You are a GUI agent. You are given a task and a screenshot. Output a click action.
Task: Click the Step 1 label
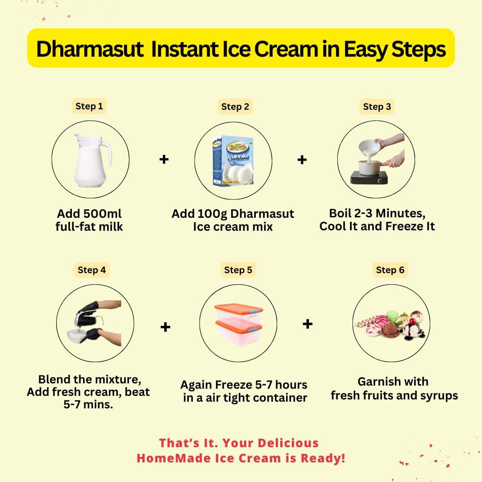coord(89,106)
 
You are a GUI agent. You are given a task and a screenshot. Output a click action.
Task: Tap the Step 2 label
coord(235,107)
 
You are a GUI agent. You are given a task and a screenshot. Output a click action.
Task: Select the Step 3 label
coord(377,107)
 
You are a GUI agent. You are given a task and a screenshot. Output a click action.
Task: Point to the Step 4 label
coord(91,270)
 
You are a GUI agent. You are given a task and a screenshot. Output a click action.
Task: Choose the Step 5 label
coord(238,270)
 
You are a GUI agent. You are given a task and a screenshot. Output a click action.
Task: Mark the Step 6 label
coord(390,270)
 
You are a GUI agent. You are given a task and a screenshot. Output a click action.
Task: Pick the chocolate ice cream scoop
coord(391,332)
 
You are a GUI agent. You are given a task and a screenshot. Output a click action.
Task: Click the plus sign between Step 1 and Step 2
coord(164,159)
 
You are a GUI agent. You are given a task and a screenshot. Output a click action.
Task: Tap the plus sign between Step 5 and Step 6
coord(307,324)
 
